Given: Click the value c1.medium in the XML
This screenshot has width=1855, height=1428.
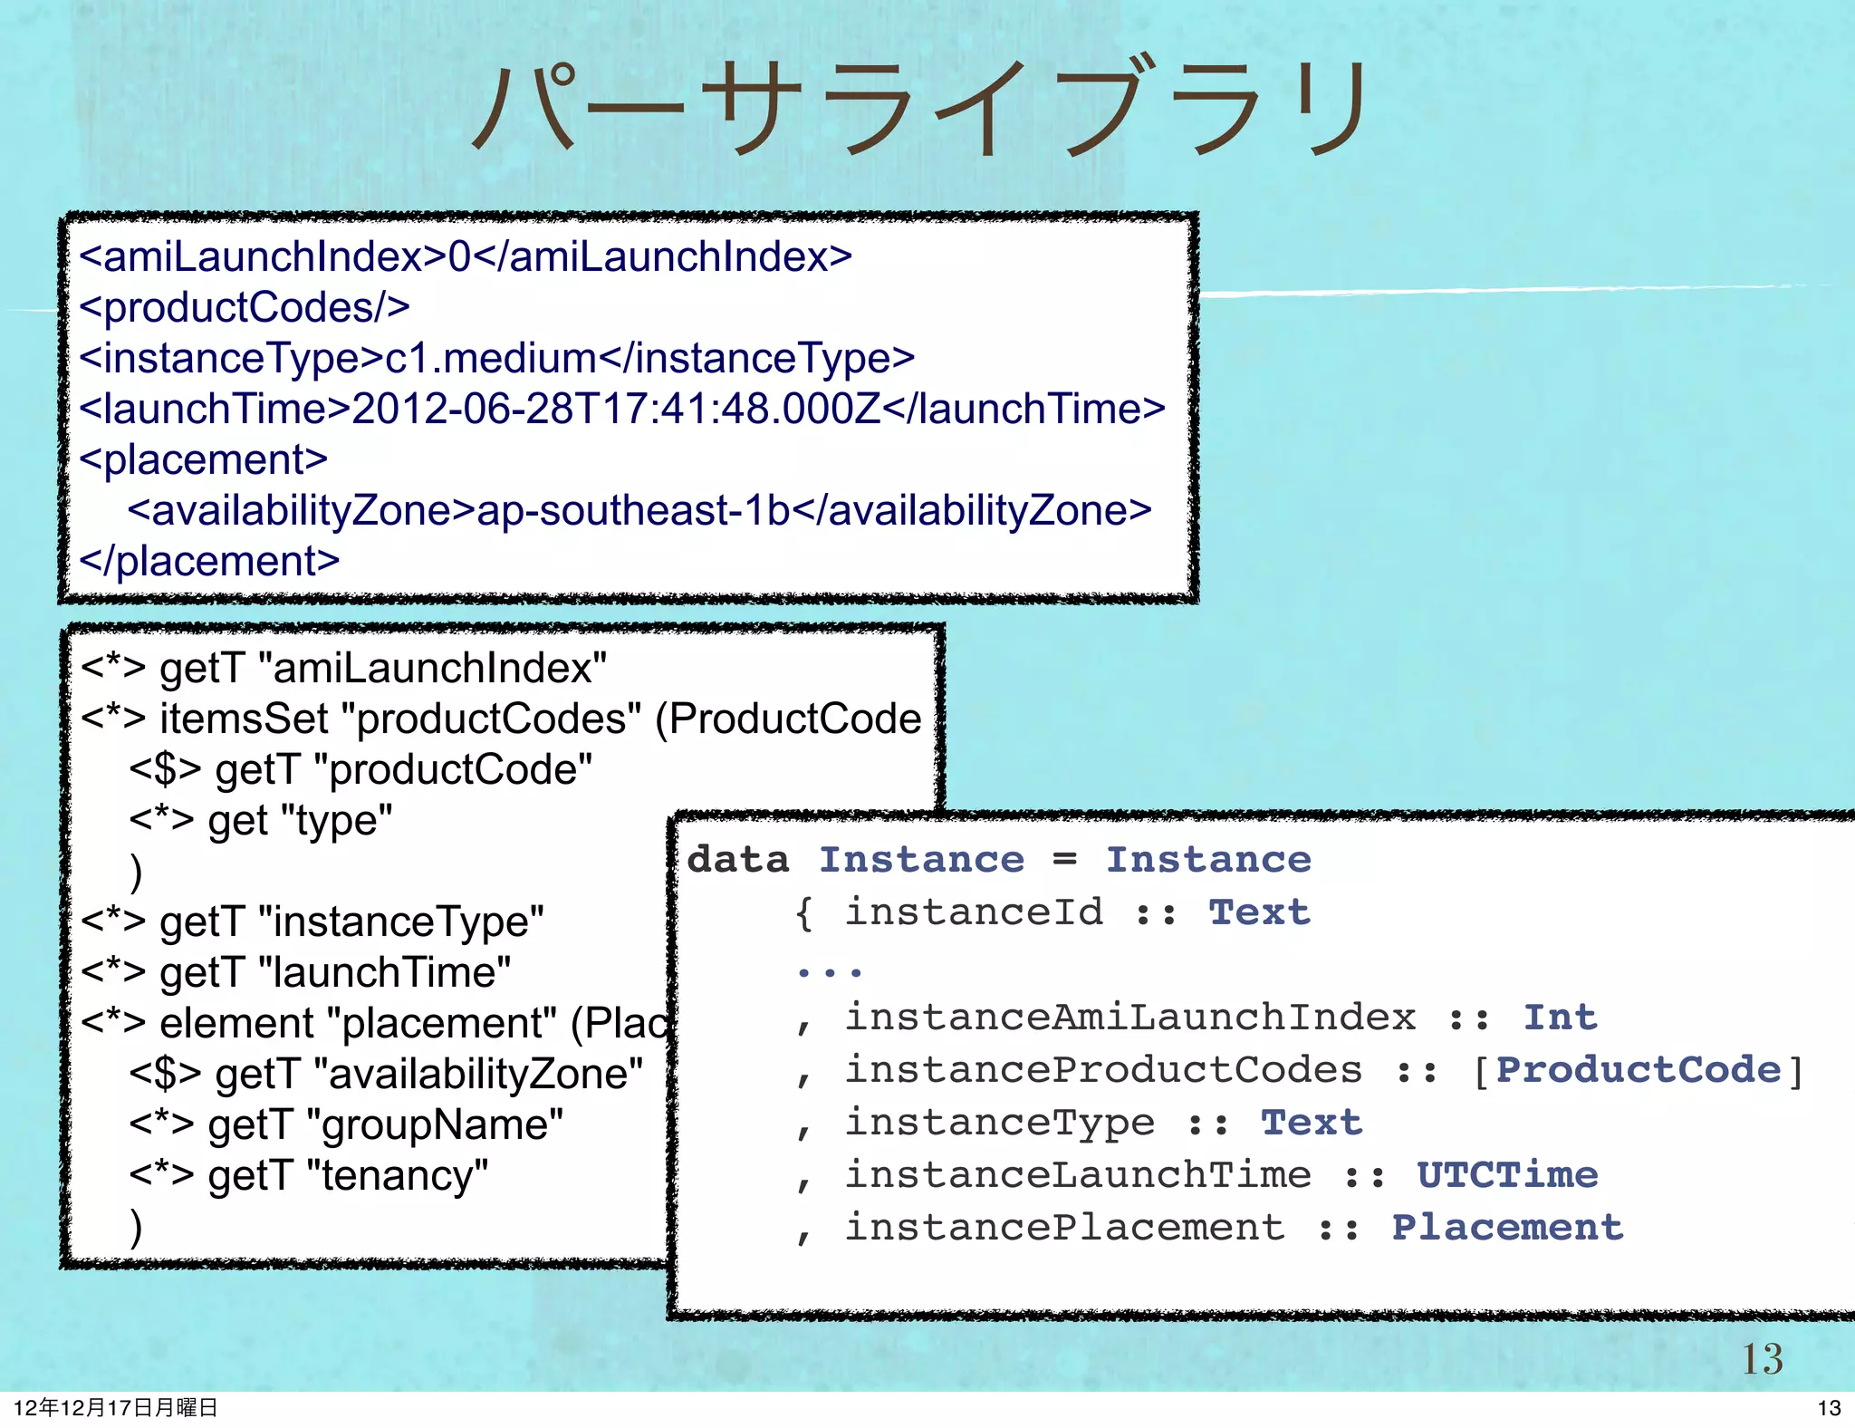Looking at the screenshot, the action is tap(491, 359).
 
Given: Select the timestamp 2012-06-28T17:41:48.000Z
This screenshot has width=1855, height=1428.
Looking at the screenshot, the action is tap(616, 410).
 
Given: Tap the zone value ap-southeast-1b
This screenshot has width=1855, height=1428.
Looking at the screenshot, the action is tap(633, 511).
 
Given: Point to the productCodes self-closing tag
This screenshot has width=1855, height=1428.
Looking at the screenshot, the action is tap(245, 308).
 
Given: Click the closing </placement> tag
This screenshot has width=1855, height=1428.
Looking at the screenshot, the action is tap(209, 562).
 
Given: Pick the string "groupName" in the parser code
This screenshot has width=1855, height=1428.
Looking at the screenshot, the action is tap(435, 1125).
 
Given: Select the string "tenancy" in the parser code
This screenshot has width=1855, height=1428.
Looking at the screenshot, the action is tap(398, 1176).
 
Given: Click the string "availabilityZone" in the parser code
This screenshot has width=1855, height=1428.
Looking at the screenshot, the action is tap(477, 1075).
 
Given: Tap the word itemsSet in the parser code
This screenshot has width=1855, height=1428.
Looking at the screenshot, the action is tap(244, 719).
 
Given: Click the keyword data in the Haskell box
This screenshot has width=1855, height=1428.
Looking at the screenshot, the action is tap(737, 859).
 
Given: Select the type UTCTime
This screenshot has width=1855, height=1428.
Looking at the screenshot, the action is tap(1507, 1175).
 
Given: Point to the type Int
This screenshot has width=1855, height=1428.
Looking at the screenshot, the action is tap(1560, 1018).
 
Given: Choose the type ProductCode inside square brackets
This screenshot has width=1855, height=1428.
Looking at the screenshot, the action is tap(1639, 1070).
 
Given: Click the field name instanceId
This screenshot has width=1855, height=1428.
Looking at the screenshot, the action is tap(974, 912).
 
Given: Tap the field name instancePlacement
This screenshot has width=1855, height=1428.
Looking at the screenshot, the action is tap(1064, 1228).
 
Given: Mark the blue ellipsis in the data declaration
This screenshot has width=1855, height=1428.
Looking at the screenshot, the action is tap(829, 972).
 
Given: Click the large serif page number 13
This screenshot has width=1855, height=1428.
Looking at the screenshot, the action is tap(1762, 1359).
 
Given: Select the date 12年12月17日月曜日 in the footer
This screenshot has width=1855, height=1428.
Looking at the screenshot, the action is tap(116, 1407).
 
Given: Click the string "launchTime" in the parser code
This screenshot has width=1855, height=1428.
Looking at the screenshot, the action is tap(385, 973).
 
